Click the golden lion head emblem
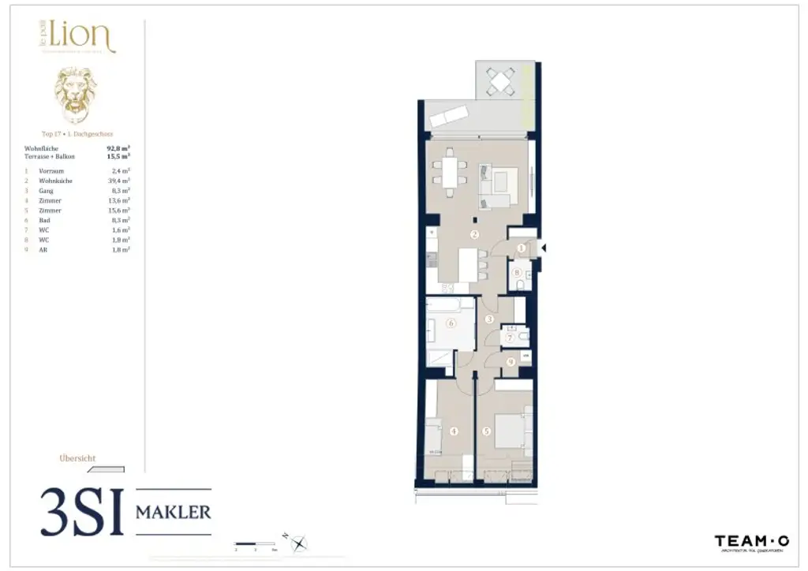pos(76,95)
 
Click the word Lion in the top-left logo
pos(82,36)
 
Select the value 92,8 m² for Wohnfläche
pos(118,147)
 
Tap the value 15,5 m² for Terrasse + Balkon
pos(118,156)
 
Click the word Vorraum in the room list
pos(51,170)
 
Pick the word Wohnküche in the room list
pos(55,181)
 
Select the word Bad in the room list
pos(44,220)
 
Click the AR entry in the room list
pos(43,249)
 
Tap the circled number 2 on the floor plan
pos(474,234)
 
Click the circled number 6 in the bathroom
pos(451,323)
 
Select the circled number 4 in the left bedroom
pos(454,431)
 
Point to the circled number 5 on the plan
pos(487,431)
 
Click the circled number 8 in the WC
pos(518,274)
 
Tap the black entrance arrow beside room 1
pos(542,248)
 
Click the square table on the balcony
pos(499,80)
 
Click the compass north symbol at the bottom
pos(298,543)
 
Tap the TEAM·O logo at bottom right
pos(751,541)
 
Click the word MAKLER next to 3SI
pos(174,512)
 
